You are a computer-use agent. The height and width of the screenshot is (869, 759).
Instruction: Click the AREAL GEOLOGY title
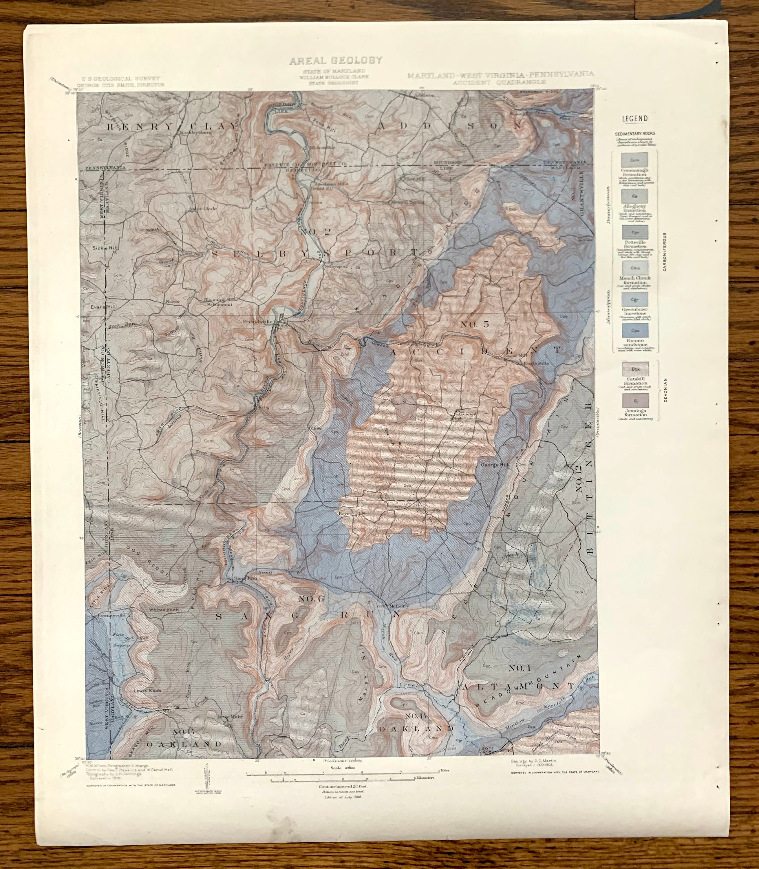click(335, 61)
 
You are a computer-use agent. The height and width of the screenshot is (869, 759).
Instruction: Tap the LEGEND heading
click(634, 119)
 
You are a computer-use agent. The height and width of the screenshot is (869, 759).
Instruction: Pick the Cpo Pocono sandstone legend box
click(634, 331)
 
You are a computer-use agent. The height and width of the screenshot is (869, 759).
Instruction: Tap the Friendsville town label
click(257, 322)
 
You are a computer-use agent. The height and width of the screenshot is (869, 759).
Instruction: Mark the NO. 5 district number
click(474, 324)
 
